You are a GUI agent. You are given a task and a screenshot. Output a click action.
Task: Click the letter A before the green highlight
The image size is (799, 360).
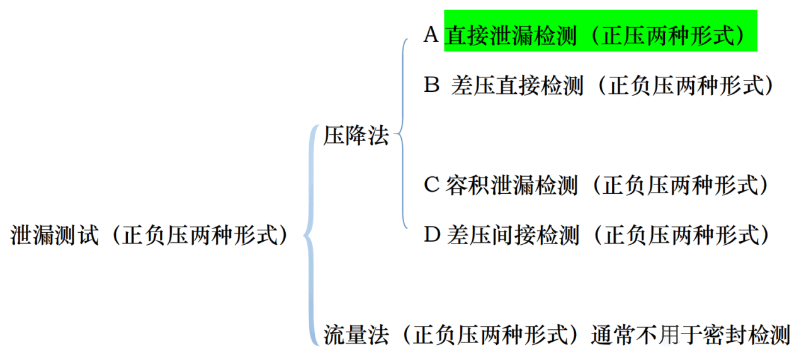431,35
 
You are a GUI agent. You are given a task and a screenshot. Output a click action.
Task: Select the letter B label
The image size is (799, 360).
431,85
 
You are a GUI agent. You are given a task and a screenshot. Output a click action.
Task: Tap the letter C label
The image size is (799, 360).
431,184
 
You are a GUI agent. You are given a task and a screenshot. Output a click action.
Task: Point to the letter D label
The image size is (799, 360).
432,235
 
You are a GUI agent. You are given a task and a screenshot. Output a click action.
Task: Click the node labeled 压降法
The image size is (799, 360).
356,135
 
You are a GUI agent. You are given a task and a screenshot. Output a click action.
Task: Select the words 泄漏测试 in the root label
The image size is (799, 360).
55,235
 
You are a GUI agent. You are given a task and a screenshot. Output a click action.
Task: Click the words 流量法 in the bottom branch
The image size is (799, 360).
356,335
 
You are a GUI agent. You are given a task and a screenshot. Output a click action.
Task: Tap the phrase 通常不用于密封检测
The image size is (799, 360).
691,335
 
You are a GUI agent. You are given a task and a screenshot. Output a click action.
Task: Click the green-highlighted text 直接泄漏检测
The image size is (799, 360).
511,35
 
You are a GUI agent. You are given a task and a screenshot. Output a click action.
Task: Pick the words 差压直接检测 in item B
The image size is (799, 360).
517,85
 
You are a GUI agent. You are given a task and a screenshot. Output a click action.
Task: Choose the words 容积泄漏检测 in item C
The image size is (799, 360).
511,185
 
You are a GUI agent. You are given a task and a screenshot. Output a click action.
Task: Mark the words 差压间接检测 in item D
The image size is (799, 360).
513,235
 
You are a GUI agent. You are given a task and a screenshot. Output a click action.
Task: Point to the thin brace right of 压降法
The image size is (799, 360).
402,133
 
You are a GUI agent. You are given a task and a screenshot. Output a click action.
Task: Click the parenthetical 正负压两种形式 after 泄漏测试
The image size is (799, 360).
199,235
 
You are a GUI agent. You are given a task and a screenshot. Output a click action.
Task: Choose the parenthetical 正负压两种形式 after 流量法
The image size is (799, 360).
489,335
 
